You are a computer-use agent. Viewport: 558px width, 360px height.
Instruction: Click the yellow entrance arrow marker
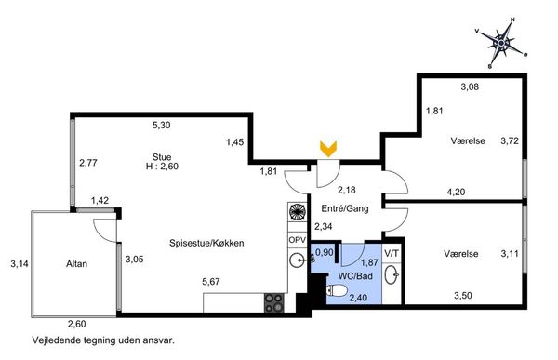[x=328, y=149]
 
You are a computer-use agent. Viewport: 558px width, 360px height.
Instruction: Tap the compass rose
[x=501, y=43]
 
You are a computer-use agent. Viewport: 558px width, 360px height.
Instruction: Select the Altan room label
[x=76, y=264]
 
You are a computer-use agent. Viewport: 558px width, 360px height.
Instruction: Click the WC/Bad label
[x=355, y=276]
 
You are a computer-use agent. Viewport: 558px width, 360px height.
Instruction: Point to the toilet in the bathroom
[x=337, y=291]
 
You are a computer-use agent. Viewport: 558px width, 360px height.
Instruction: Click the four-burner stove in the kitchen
[x=274, y=302]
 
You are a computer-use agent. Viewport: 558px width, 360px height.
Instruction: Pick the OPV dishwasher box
[x=297, y=240]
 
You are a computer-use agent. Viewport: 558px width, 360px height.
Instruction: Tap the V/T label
[x=392, y=254]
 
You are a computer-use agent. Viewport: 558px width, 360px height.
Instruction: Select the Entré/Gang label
[x=344, y=208]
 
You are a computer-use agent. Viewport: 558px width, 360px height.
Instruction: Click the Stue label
[x=162, y=157]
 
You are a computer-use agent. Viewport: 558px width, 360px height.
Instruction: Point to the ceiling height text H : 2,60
[x=162, y=167]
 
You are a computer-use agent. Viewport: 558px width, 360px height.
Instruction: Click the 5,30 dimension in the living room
[x=161, y=125]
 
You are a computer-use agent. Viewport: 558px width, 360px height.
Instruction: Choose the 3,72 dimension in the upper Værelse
[x=510, y=141]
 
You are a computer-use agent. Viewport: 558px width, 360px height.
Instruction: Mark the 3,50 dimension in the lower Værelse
[x=463, y=296]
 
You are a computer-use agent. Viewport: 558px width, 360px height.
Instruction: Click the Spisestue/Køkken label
[x=206, y=243]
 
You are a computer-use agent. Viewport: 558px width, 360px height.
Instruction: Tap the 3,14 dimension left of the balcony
[x=20, y=264]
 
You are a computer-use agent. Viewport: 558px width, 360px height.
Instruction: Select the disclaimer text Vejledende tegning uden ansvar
[x=103, y=340]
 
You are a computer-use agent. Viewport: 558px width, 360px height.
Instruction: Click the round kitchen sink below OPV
[x=297, y=260]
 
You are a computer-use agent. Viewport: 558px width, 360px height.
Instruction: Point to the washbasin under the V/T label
[x=392, y=274]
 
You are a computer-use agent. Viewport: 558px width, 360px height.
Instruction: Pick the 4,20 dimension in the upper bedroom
[x=456, y=193]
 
